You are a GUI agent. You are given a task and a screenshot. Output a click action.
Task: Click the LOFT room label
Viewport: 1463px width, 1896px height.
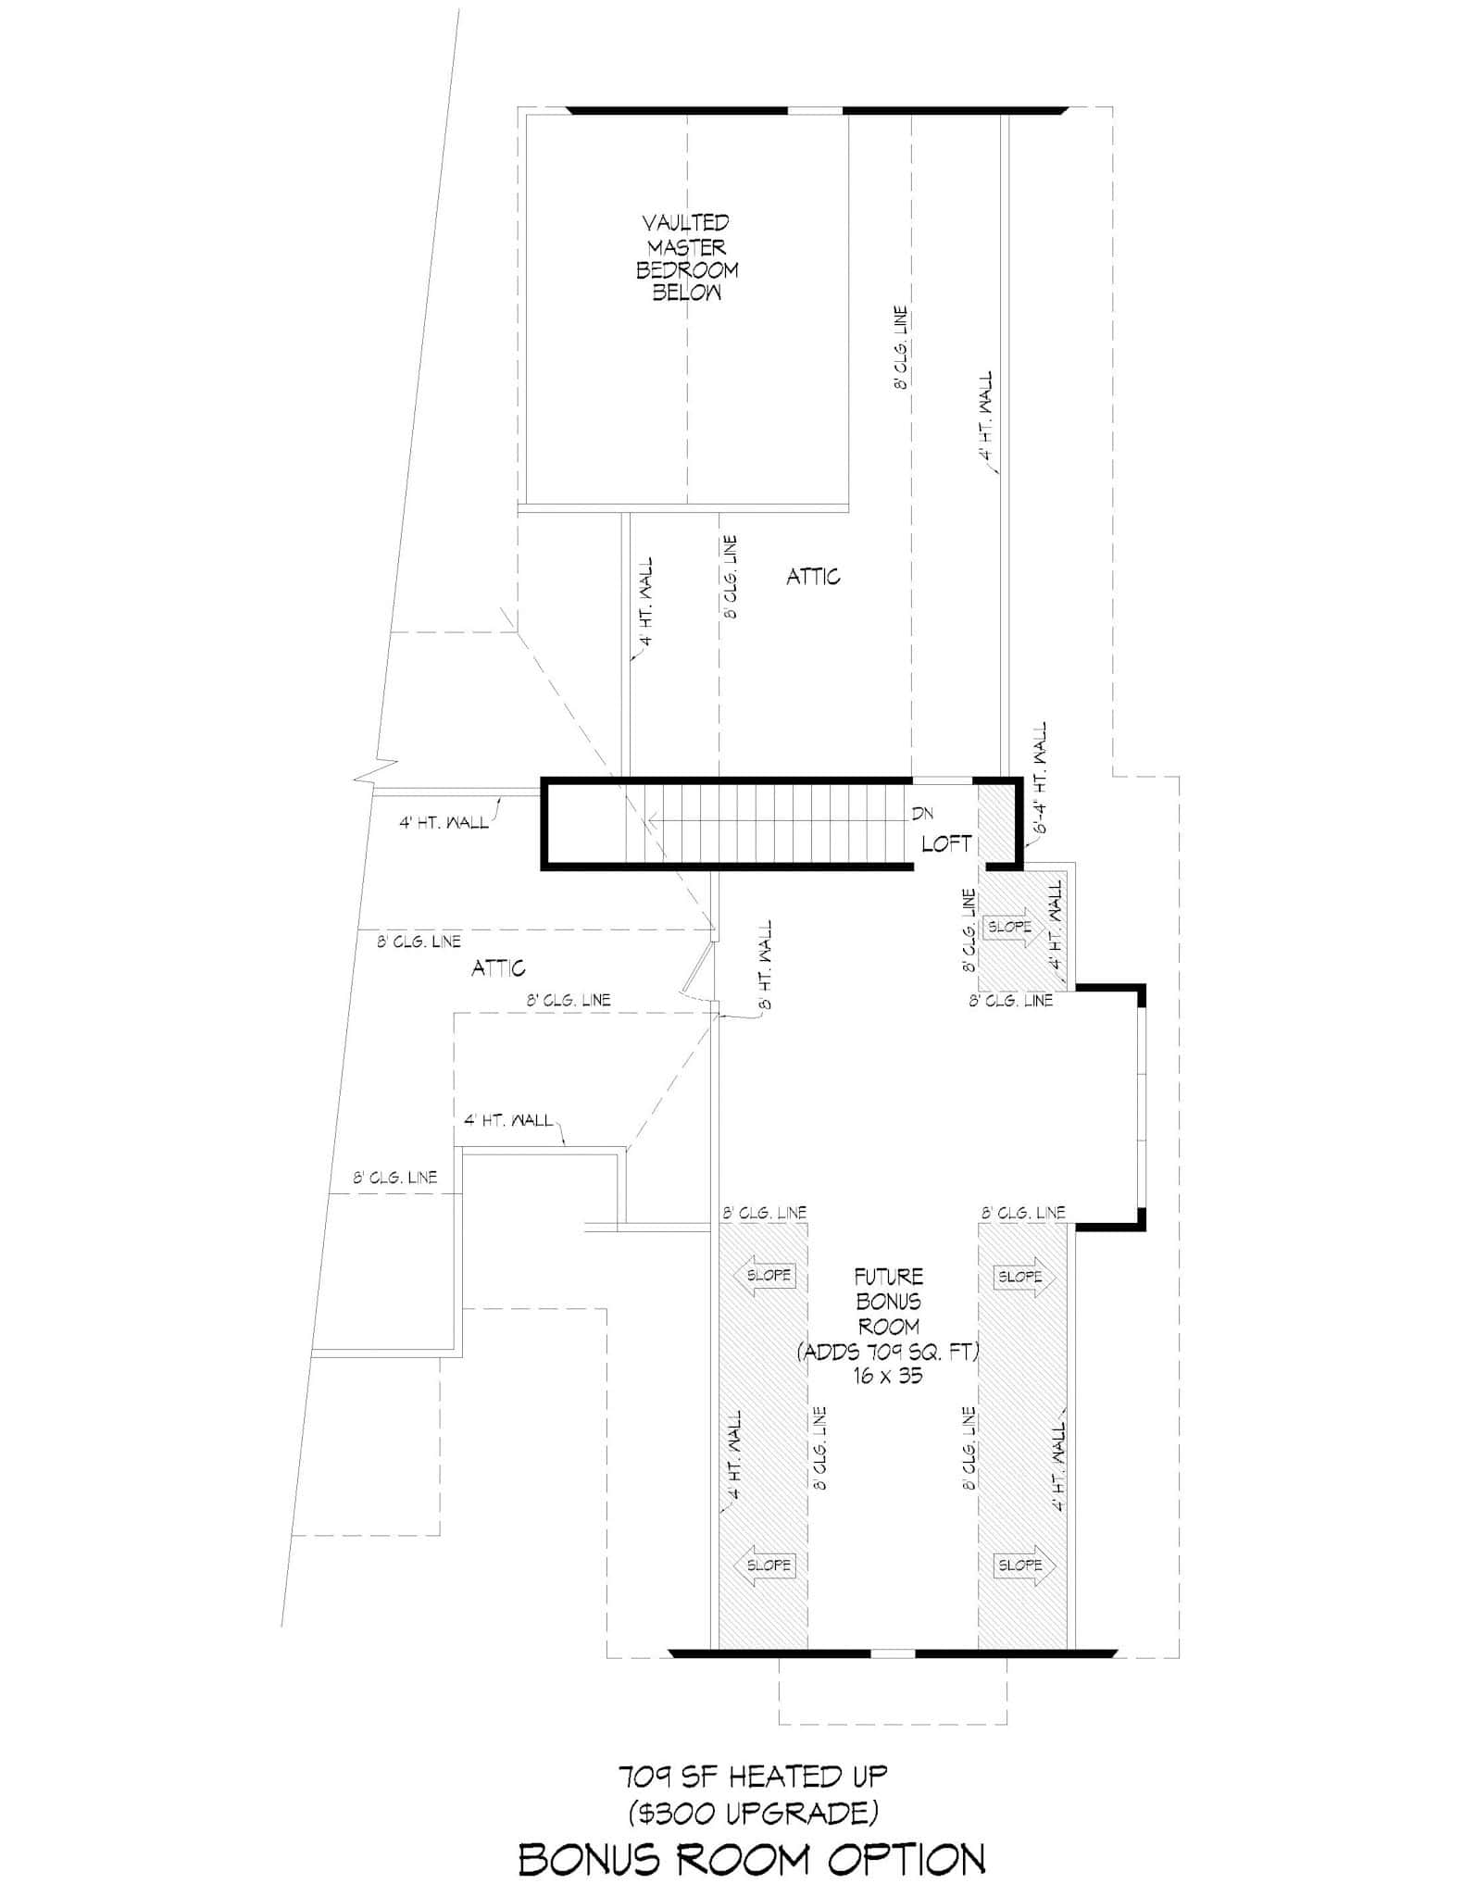(x=946, y=843)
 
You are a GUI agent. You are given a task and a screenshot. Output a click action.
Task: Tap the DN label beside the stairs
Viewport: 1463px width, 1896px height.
(x=921, y=815)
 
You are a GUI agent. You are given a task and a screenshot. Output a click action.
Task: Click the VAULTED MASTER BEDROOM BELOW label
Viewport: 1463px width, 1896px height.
(x=686, y=257)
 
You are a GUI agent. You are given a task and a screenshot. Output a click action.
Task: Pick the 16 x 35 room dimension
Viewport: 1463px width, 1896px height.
(x=888, y=1376)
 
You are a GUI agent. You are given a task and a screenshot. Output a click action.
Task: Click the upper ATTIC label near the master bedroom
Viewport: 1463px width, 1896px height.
(x=813, y=577)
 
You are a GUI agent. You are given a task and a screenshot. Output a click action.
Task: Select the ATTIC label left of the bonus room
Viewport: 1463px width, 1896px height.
(x=498, y=968)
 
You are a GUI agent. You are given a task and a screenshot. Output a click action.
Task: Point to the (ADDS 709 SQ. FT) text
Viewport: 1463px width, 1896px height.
(x=888, y=1352)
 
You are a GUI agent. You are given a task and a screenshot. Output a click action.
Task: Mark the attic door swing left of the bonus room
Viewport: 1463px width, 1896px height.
(x=690, y=972)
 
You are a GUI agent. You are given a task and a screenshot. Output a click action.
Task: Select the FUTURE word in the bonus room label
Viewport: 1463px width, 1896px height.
(x=888, y=1277)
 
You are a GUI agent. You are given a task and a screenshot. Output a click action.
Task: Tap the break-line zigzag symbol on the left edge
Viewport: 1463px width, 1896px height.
(x=377, y=771)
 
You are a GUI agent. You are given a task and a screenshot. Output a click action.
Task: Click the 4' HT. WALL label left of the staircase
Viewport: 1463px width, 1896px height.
(x=444, y=822)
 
